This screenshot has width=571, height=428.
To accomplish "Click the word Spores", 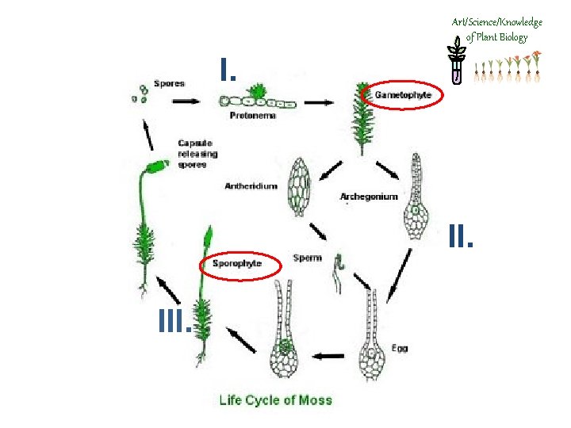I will pos(169,84).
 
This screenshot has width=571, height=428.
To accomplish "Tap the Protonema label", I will pos(253,116).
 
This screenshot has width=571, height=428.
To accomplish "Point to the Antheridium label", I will pos(251,186).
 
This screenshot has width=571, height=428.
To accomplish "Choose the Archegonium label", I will pos(368,197).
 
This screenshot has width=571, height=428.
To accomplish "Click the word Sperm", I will pos(307,258).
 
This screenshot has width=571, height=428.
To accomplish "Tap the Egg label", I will pos(400,347).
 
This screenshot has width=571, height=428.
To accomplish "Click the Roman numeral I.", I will pos(229,71).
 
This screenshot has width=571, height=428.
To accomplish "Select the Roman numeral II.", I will pos(461,235).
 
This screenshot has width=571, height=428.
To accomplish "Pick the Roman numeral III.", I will pos(174,320).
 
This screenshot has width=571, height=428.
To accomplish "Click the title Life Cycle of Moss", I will pos(275,399).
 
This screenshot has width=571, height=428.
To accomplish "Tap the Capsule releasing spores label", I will pos(197,154).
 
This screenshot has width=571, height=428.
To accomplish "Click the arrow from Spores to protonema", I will pos(186,101).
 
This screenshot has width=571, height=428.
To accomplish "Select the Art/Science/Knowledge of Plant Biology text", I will pos(496,29).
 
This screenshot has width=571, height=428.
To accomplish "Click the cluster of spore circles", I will pos(140,94).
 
